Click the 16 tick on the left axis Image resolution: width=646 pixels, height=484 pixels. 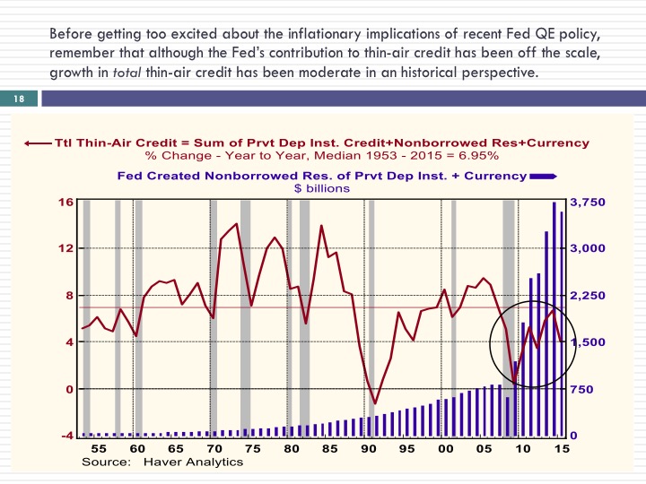(66, 202)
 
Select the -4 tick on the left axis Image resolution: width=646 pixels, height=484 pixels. (67, 436)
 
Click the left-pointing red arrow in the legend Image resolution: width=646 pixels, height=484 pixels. (39, 143)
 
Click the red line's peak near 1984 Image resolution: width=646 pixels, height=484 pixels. (321, 225)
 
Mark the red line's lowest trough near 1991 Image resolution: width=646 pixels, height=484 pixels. (375, 403)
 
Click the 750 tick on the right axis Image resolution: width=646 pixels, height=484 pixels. (582, 389)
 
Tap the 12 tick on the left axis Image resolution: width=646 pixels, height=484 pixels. (66, 248)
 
